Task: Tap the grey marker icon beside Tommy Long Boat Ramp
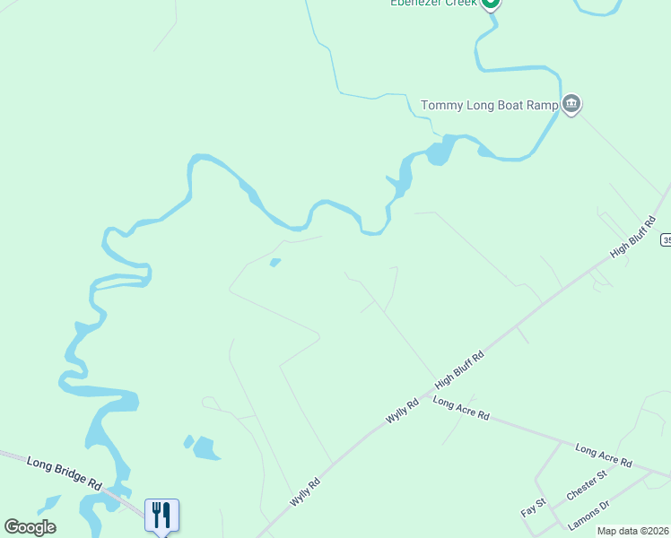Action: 571,104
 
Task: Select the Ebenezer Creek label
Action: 432,4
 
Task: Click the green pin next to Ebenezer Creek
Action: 490,3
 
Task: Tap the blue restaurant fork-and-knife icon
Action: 161,515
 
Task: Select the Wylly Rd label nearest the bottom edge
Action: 305,494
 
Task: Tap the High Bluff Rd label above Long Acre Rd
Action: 460,369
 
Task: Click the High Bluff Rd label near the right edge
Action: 633,237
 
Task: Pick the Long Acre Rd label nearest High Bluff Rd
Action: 461,409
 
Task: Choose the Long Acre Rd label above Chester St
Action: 604,456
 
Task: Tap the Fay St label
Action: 534,508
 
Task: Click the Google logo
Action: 30,527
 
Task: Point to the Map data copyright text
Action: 633,531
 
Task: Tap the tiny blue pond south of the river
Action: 275,263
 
